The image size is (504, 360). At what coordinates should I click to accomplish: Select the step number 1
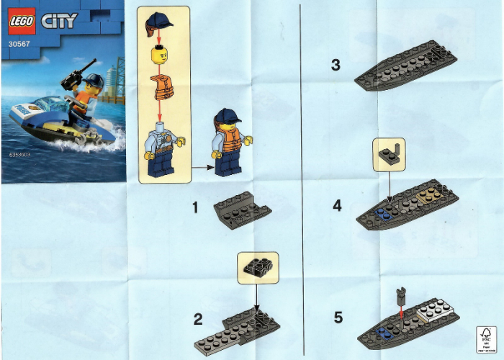click(195, 207)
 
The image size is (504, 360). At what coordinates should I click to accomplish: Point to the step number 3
click(336, 66)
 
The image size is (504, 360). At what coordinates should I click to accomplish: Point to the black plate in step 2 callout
click(256, 266)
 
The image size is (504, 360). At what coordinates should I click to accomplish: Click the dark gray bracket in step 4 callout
click(389, 153)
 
